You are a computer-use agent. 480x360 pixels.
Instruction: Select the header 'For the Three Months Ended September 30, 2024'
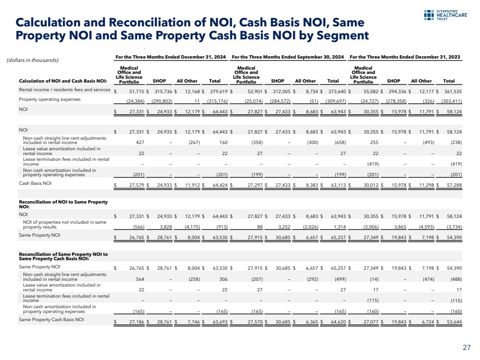[288, 57]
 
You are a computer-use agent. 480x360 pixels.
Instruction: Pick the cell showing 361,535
[452, 90]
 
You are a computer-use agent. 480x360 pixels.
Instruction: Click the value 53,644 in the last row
[452, 320]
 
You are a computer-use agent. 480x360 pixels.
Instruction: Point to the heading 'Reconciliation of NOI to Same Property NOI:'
[63, 204]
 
